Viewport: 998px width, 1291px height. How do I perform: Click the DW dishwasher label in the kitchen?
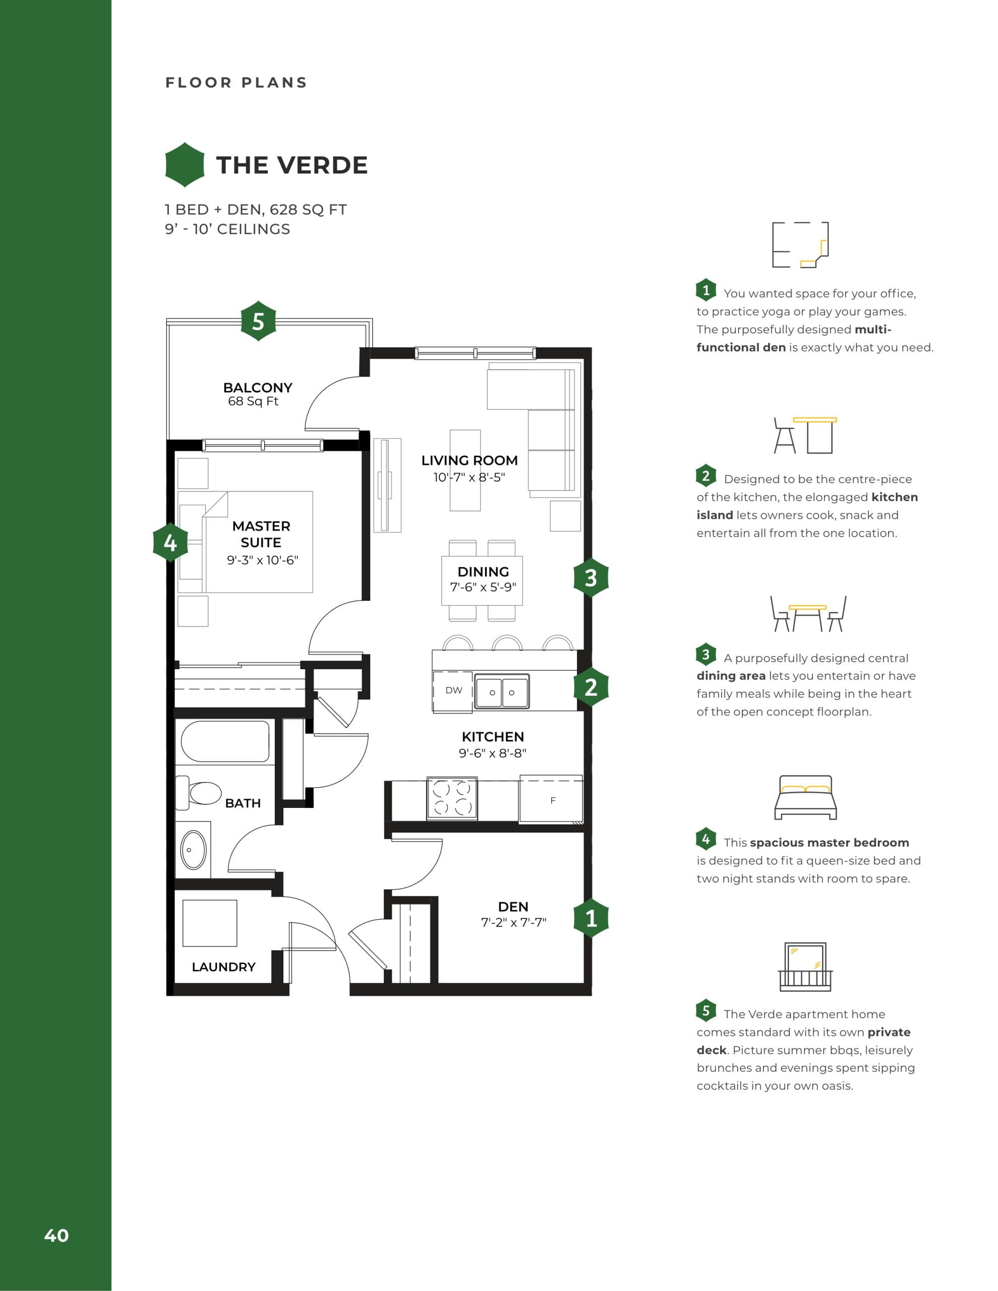[453, 690]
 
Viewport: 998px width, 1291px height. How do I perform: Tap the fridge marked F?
[552, 800]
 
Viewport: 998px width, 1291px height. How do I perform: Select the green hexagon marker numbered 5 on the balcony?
[258, 322]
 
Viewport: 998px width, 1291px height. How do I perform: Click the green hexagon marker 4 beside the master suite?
[170, 542]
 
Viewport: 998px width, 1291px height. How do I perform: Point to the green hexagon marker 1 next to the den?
[591, 918]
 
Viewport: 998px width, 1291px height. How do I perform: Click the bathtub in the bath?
[225, 741]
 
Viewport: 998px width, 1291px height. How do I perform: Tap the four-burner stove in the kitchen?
[452, 798]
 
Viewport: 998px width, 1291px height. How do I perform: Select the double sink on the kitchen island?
[502, 691]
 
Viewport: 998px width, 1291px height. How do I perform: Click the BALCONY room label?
[258, 388]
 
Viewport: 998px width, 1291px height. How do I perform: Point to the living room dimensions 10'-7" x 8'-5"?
[469, 477]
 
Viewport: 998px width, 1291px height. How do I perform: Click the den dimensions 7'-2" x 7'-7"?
[513, 922]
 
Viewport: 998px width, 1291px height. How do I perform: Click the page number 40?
[56, 1236]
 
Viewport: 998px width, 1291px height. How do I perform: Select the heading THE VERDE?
[292, 165]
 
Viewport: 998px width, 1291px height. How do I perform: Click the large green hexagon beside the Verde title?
[185, 165]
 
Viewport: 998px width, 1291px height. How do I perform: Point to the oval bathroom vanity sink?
[193, 849]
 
